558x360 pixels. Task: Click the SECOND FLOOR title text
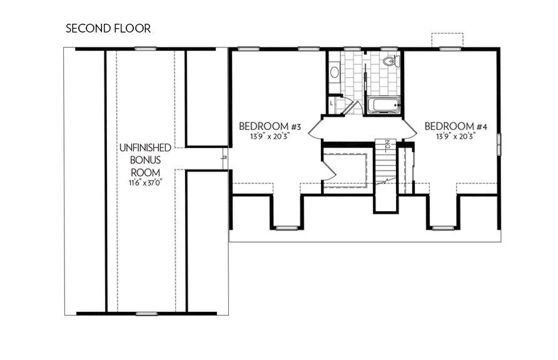(x=108, y=28)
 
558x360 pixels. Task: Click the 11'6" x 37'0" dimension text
(x=145, y=183)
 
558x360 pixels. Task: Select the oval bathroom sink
(x=335, y=72)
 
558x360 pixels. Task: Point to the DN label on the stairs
(x=388, y=145)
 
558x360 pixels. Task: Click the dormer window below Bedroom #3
(x=287, y=227)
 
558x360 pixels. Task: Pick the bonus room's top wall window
(x=145, y=49)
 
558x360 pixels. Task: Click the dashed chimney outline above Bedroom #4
(x=446, y=39)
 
